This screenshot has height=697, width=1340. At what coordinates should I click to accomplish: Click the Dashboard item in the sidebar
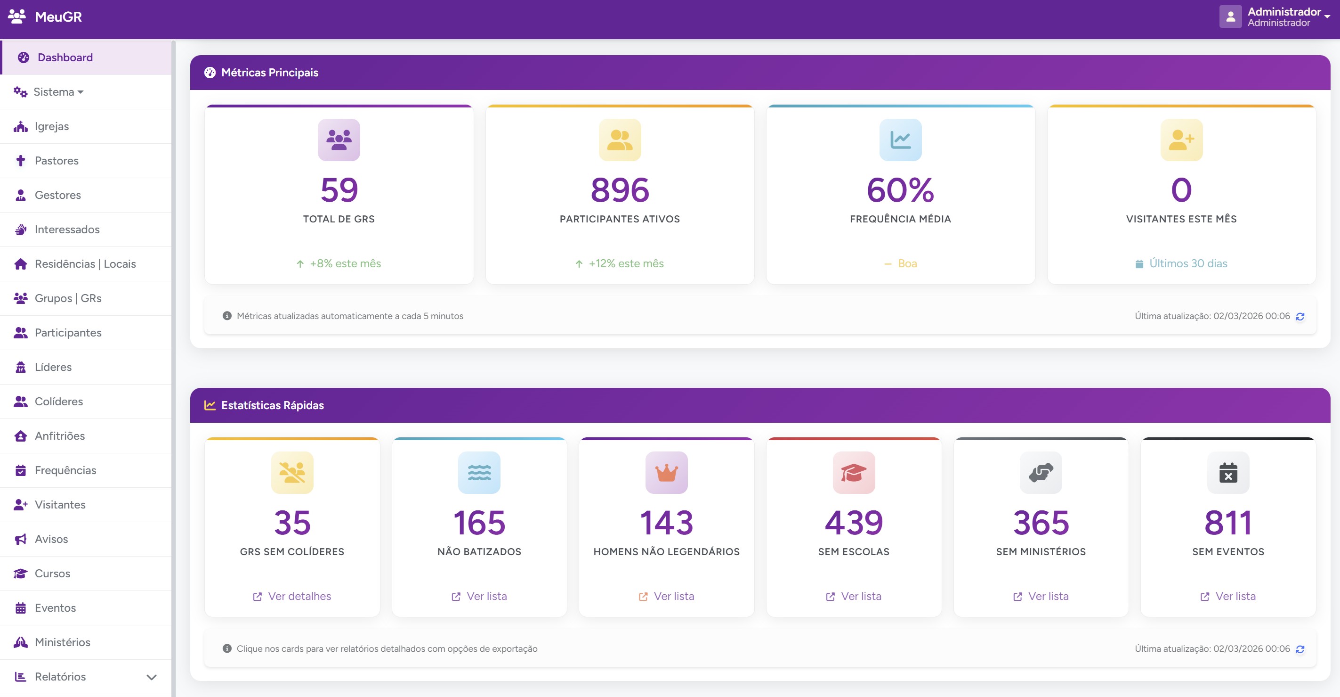65,57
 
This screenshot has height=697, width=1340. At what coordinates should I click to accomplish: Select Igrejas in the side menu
51,126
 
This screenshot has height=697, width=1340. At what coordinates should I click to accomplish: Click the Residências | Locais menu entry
85,264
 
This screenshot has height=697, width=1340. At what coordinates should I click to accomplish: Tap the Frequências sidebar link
65,470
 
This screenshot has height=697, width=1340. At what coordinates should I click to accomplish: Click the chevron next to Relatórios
152,677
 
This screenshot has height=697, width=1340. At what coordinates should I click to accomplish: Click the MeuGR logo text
58,16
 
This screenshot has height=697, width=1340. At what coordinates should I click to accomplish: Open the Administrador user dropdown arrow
1327,16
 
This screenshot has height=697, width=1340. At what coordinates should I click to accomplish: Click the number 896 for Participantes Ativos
620,189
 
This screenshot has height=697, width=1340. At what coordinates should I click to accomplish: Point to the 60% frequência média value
900,189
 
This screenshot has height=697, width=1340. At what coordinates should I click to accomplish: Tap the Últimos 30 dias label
1187,263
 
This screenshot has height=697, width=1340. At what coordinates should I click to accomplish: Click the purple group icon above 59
339,139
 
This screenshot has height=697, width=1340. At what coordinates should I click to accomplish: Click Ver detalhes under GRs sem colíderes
299,596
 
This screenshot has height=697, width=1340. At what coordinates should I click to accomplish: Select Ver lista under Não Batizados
486,596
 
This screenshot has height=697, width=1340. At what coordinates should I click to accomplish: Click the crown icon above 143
666,473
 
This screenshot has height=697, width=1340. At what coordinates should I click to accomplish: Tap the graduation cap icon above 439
854,473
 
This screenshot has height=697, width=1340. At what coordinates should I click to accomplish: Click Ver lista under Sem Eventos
1235,596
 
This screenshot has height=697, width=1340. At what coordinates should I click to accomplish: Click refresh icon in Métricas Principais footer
1300,317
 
